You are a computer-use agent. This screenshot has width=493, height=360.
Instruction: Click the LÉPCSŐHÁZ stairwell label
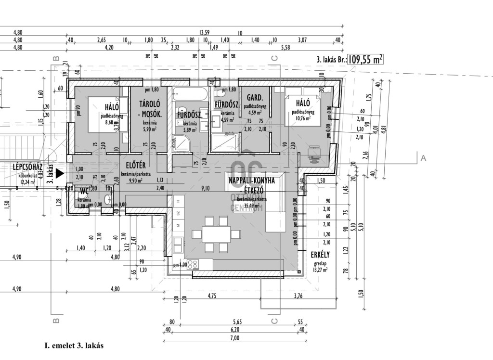[x=28, y=167]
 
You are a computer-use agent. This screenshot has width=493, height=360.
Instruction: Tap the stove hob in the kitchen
[x=193, y=264]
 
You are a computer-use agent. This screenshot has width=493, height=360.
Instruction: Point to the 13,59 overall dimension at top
[x=204, y=33]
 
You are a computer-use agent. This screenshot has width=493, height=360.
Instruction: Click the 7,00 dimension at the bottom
[x=234, y=338]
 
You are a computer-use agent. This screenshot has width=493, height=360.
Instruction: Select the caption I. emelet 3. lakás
[x=74, y=346]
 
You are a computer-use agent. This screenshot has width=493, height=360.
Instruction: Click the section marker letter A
[x=423, y=157]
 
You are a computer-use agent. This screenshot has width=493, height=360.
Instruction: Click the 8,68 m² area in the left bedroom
[x=112, y=123]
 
